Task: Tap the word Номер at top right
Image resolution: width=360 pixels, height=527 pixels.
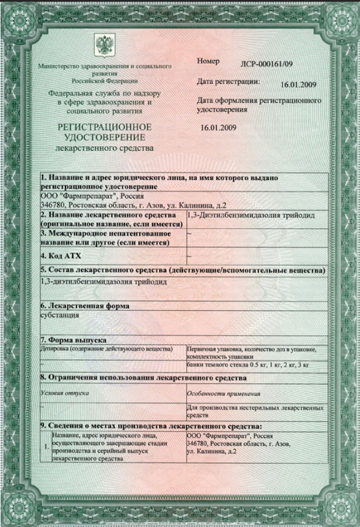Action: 208,61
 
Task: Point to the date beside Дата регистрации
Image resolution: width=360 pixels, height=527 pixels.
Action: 298,85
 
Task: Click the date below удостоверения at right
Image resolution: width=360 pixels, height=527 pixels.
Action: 218,128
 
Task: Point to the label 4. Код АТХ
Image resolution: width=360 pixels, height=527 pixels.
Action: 61,256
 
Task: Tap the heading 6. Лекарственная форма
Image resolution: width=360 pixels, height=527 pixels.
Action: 85,305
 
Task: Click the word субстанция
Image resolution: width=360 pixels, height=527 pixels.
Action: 60,315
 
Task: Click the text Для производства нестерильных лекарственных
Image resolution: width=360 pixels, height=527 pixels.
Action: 255,407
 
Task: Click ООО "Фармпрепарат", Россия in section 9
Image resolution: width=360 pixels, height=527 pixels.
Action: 230,437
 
